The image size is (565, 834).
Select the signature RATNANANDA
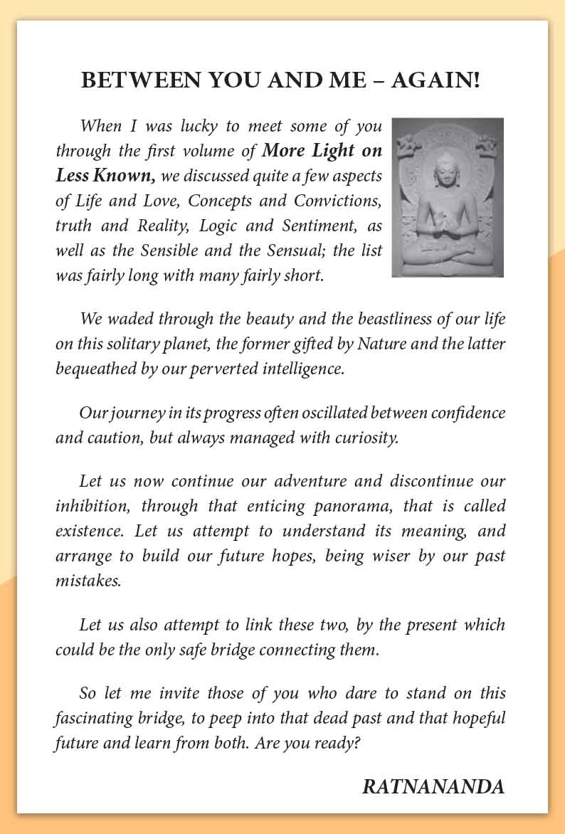(433, 786)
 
